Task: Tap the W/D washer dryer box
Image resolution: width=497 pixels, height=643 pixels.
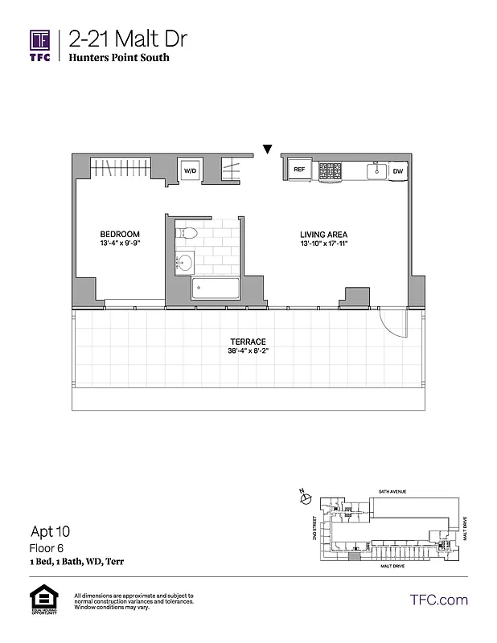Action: coord(191,170)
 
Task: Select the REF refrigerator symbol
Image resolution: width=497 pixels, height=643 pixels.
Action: coord(299,170)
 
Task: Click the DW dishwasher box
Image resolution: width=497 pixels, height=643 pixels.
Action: coord(398,170)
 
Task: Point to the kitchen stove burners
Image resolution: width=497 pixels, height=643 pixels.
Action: coord(331,170)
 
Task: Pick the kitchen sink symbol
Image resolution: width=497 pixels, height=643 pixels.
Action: coord(374,170)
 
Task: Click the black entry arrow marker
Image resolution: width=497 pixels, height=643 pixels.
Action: coord(267,148)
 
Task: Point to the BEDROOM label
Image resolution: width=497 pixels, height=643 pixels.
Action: coord(120,234)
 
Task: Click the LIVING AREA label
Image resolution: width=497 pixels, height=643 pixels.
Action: coord(323,234)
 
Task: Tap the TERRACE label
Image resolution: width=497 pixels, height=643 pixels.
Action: coord(248,341)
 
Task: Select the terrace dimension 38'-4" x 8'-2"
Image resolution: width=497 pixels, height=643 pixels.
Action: coord(248,350)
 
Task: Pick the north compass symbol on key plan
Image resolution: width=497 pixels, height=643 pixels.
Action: coord(303,498)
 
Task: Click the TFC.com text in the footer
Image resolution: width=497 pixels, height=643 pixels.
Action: coord(439,600)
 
